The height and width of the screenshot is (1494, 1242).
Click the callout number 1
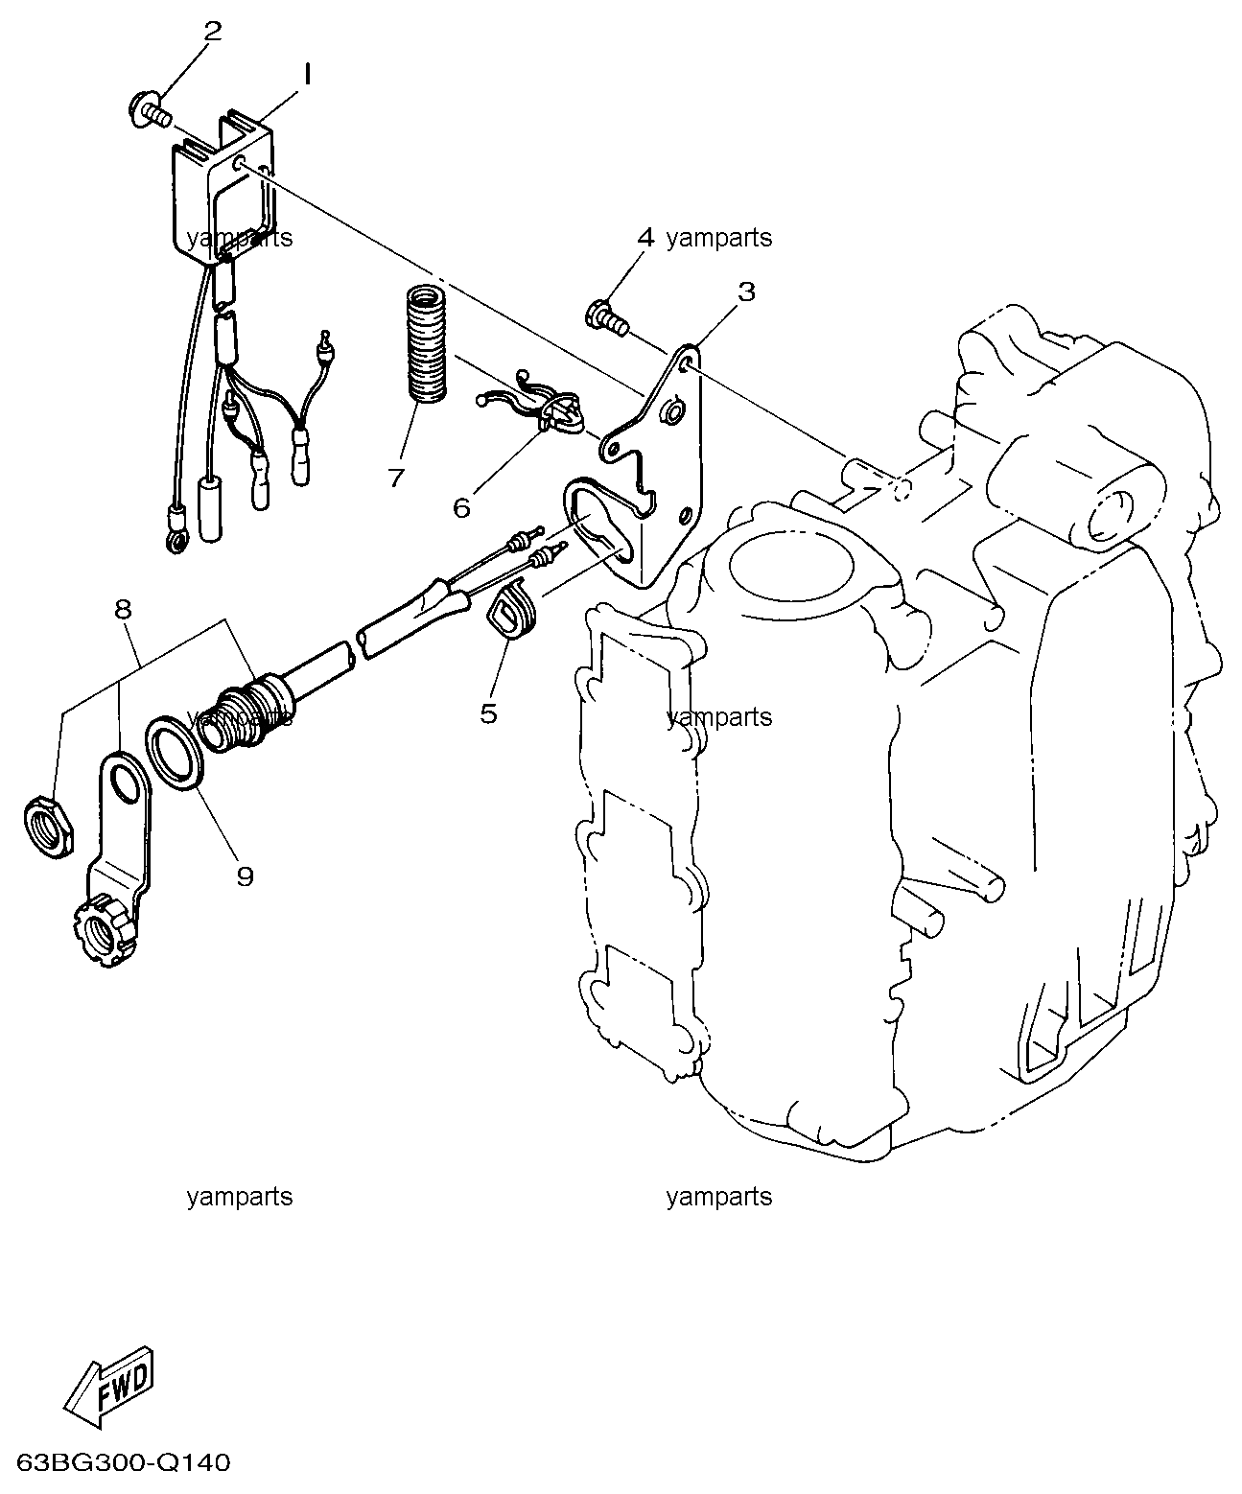(x=306, y=75)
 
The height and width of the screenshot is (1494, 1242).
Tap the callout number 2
(x=213, y=31)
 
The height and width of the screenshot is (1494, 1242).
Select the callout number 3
(x=746, y=292)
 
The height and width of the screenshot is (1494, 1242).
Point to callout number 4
(x=645, y=237)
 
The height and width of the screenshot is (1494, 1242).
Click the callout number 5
(x=489, y=713)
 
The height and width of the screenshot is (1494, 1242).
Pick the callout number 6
(x=461, y=508)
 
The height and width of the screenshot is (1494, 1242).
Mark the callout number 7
(x=397, y=478)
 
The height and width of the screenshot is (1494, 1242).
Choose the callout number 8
(x=123, y=610)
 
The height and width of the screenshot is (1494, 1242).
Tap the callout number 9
(x=245, y=875)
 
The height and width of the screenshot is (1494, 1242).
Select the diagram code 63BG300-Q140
(x=123, y=1463)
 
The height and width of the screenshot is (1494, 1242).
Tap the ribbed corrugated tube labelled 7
(x=427, y=342)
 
